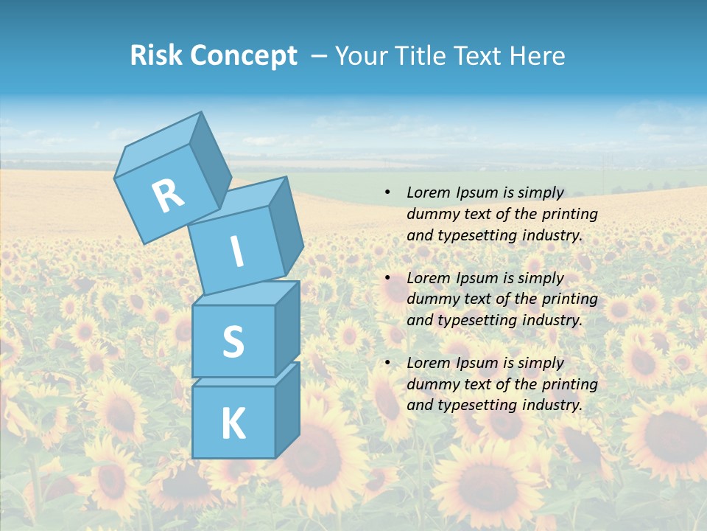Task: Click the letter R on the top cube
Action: [x=168, y=196]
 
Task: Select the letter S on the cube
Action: [x=233, y=341]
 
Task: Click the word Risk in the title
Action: [x=156, y=56]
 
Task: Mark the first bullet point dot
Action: [x=387, y=193]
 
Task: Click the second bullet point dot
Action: [x=387, y=279]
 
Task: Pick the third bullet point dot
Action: [x=387, y=364]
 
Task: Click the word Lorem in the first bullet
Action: [x=428, y=193]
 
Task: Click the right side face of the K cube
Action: [x=287, y=409]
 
